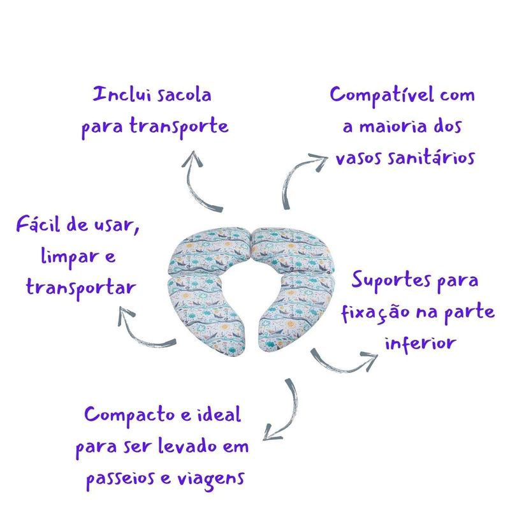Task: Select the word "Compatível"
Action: click(380, 96)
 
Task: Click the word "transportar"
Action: click(81, 287)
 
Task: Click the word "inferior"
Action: click(420, 342)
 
